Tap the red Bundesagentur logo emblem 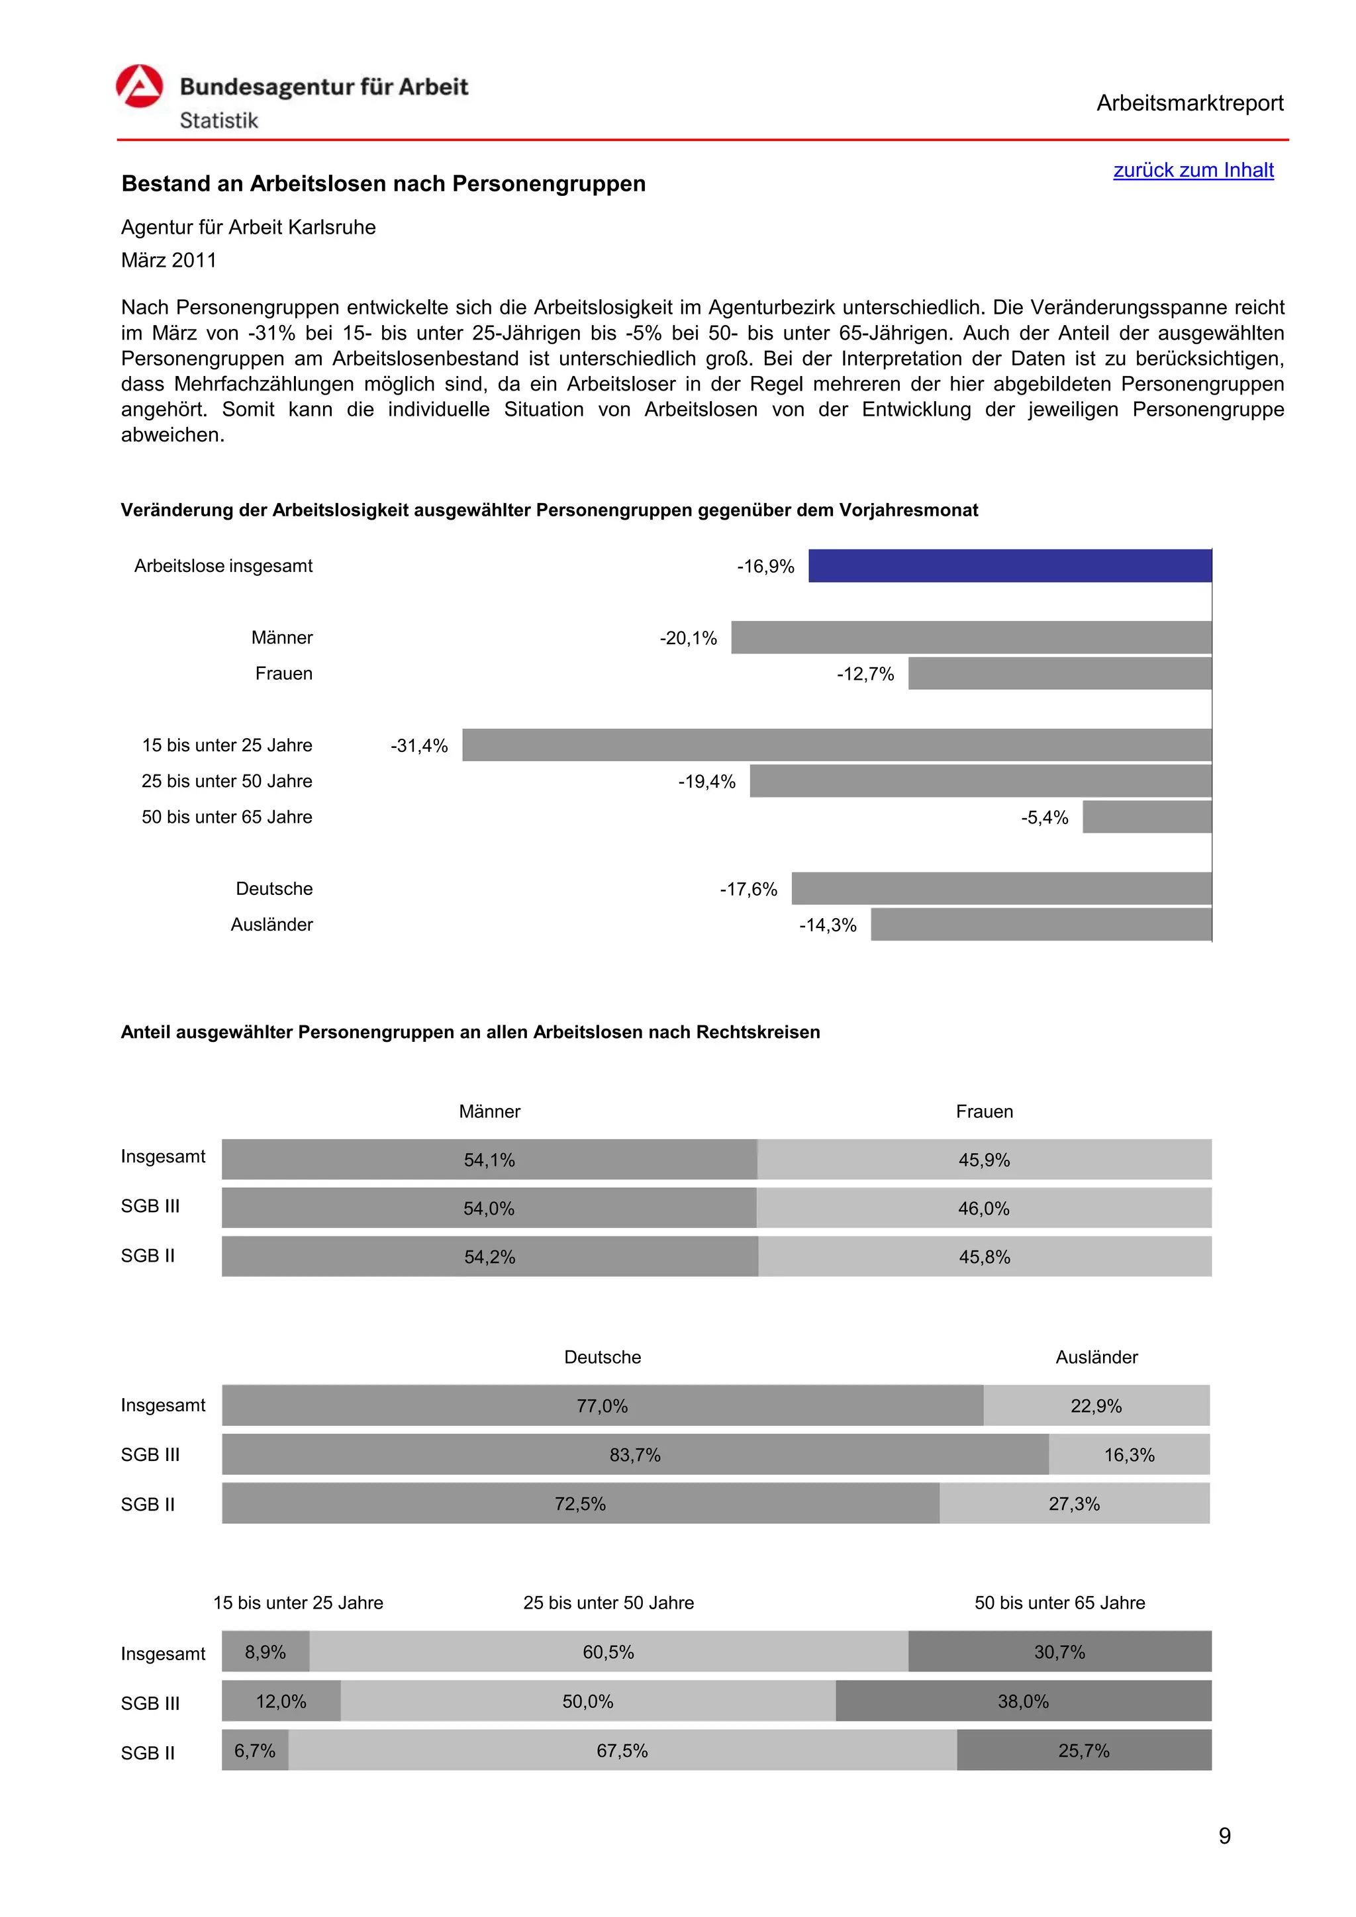click(140, 87)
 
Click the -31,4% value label click(419, 745)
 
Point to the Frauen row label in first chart click(284, 674)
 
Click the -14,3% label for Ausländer click(828, 925)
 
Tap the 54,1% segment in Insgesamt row click(489, 1160)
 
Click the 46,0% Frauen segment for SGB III click(984, 1208)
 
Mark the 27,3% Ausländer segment click(1074, 1504)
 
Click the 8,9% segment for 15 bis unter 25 click(266, 1652)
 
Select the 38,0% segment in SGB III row click(1023, 1702)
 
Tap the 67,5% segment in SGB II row click(622, 1751)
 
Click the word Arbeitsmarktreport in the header click(1189, 103)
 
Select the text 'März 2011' click(169, 261)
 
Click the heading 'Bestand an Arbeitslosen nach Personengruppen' click(383, 183)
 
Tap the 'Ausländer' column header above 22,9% click(1096, 1358)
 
